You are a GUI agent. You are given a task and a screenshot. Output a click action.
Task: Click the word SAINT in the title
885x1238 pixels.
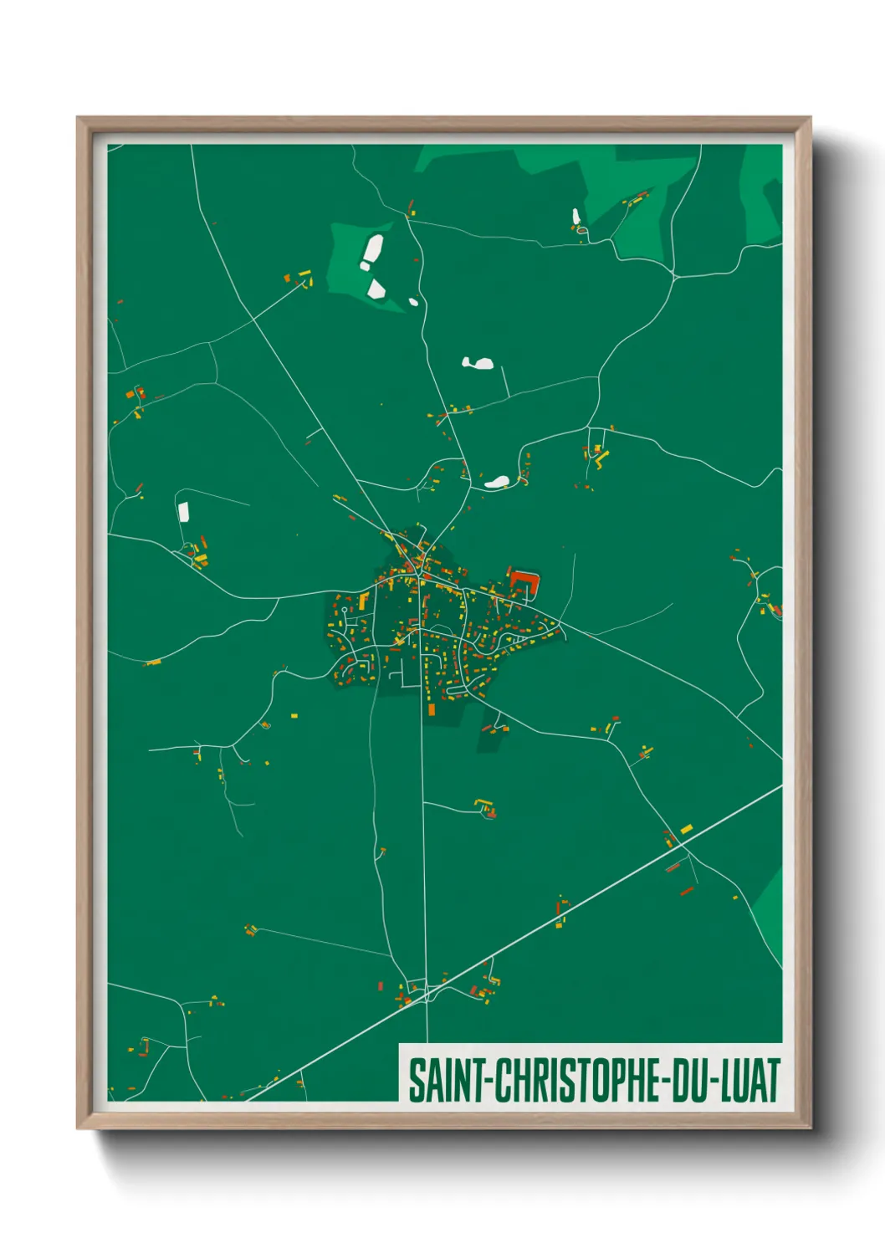(447, 1080)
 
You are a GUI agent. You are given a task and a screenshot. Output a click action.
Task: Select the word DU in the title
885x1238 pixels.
(688, 1080)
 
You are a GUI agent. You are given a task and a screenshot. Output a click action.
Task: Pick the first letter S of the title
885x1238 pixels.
(416, 1080)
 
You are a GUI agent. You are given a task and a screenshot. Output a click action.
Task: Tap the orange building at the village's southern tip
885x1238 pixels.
(432, 709)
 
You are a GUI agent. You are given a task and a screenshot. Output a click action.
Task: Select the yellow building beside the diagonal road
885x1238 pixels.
(686, 829)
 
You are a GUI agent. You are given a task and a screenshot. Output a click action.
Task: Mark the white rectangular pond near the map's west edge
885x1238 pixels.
(183, 511)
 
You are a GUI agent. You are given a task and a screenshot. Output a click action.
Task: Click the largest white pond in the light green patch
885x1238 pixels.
(371, 251)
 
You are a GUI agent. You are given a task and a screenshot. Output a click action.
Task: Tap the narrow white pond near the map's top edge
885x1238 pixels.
(576, 217)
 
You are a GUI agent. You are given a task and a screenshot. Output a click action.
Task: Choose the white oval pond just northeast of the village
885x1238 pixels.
(497, 482)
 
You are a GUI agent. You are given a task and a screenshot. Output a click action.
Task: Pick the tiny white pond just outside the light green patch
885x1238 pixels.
(412, 302)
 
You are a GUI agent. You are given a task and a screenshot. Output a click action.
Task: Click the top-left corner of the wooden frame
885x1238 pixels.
(79, 119)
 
